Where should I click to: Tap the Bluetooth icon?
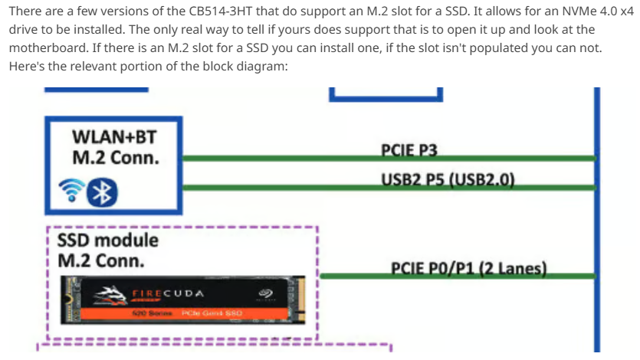tap(101, 192)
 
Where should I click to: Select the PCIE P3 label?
tap(409, 150)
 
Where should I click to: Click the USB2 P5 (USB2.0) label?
tap(447, 180)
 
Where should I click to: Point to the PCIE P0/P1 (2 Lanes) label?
tap(468, 268)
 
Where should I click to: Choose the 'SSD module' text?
tap(108, 241)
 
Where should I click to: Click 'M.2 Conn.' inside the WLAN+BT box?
tap(116, 158)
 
